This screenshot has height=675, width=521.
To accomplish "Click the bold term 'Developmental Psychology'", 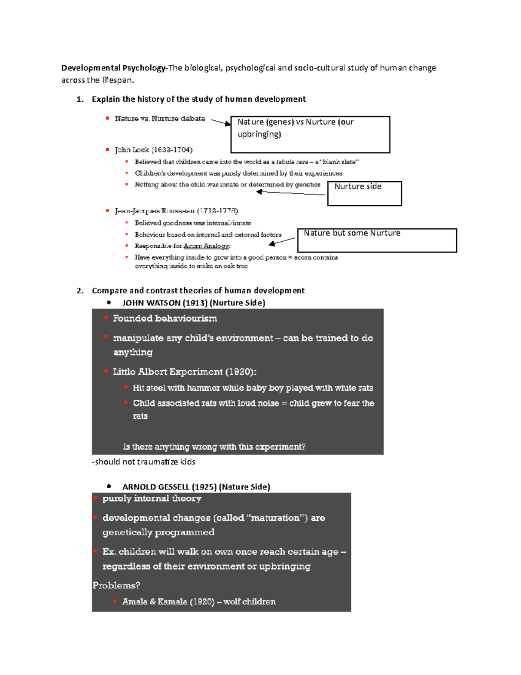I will tap(113, 68).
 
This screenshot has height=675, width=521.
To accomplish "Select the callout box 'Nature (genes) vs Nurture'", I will tap(310, 134).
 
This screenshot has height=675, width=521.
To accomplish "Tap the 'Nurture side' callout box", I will tap(364, 193).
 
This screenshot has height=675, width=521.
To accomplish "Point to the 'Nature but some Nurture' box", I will tap(377, 240).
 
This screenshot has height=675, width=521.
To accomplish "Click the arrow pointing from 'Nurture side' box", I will tap(290, 193).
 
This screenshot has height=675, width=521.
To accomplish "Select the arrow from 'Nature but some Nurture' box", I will tap(282, 241).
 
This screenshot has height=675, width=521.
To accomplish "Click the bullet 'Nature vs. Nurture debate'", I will tap(159, 119).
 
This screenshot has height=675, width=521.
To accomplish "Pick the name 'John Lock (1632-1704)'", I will tap(153, 150).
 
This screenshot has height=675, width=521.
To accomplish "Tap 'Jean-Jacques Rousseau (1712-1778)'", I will tap(176, 211).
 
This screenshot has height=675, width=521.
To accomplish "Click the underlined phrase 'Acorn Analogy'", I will tap(207, 246).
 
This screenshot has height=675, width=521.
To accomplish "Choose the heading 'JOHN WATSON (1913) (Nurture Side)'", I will tap(194, 303).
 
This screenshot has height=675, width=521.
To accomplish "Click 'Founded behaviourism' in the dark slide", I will tap(165, 319).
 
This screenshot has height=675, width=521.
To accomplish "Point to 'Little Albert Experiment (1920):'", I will tap(185, 372).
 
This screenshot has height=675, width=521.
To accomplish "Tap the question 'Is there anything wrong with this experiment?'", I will tap(214, 447).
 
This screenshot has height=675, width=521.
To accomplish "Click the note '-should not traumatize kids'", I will tap(143, 462).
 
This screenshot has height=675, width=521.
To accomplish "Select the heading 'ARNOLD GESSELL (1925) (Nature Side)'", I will tap(196, 487).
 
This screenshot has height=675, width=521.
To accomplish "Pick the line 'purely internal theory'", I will tap(152, 499).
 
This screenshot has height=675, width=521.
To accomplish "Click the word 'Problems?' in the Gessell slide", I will tap(116, 585).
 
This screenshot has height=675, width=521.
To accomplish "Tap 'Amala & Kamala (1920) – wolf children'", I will tap(199, 602).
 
